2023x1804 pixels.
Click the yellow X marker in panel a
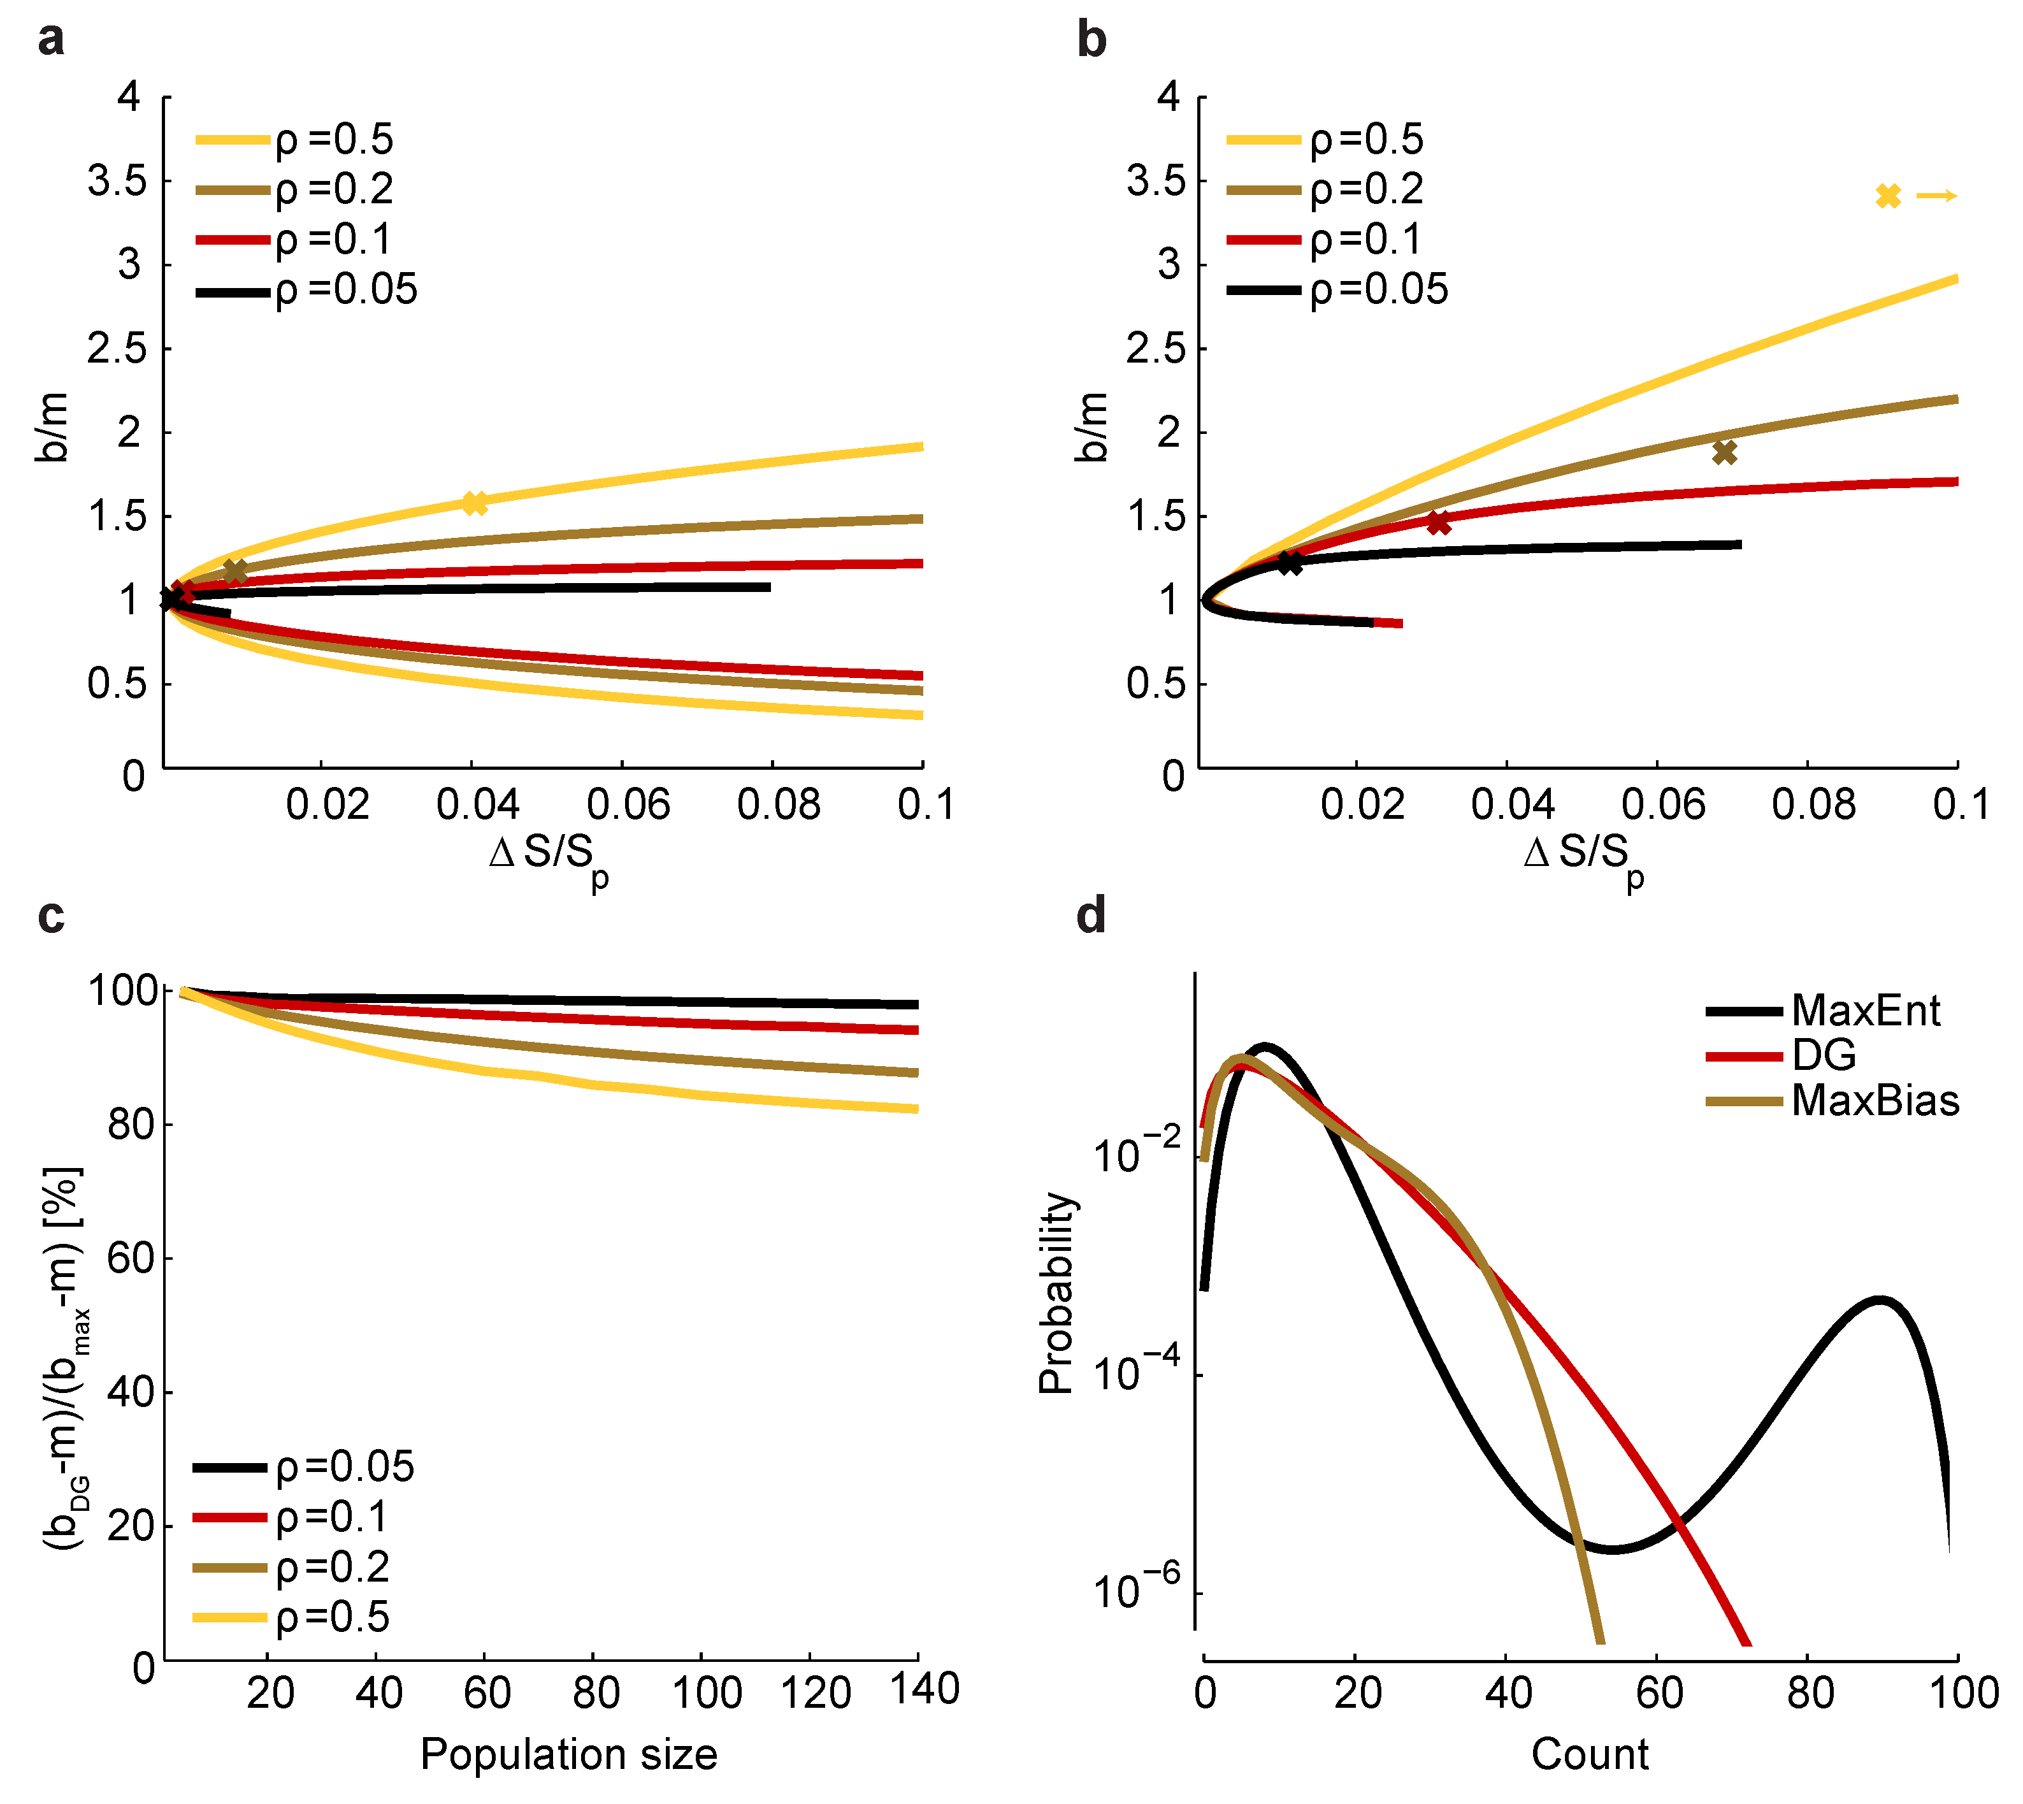[x=475, y=503]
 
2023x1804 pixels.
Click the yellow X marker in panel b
[x=1888, y=196]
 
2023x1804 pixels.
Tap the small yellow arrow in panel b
[x=1936, y=196]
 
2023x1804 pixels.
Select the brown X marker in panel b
[x=1725, y=452]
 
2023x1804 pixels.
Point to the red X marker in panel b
[x=1438, y=523]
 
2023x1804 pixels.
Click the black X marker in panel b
[x=1290, y=563]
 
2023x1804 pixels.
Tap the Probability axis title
[x=1056, y=1294]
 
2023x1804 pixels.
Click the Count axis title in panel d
[x=1589, y=1754]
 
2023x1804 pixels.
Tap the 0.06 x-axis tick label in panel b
[x=1663, y=805]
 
